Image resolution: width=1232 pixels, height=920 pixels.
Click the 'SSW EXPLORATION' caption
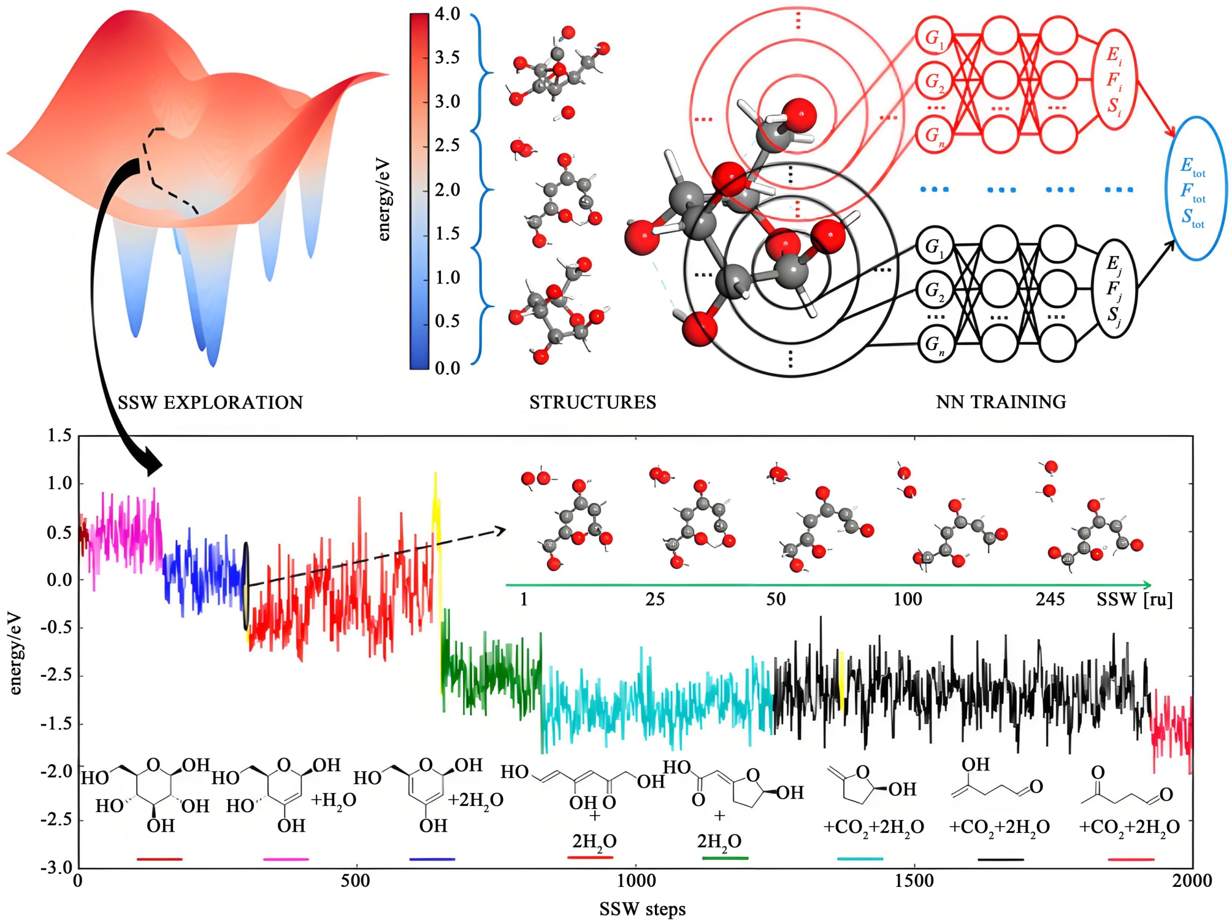pos(210,403)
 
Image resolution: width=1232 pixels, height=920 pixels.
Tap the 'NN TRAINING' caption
pos(1001,402)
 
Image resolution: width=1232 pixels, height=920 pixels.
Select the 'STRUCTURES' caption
pos(592,403)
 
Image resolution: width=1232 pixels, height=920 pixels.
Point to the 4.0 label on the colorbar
pos(447,14)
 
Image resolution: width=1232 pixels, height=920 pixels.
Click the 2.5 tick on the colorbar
pos(447,145)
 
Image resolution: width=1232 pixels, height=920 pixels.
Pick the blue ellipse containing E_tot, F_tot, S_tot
pos(1195,189)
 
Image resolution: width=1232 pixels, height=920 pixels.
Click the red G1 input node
pos(934,38)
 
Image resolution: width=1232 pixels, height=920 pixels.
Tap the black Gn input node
pos(934,344)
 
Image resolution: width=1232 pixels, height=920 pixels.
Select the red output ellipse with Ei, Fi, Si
pos(1114,80)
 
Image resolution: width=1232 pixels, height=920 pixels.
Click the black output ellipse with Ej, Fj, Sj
pos(1114,289)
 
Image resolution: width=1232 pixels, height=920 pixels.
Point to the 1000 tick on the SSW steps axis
pos(635,881)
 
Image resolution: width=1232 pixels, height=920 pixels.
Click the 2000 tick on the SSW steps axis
pos(1192,881)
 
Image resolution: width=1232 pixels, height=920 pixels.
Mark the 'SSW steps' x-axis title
pos(642,909)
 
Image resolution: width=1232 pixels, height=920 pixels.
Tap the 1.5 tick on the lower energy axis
pos(59,436)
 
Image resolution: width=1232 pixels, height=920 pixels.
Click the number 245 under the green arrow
pos(1050,599)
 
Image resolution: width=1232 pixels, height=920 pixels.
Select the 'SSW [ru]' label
pos(1134,599)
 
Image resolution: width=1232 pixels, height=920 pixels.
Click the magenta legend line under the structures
pos(286,859)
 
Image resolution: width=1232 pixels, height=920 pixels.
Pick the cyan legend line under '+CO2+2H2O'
pos(860,859)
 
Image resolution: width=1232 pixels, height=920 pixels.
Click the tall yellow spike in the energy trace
pos(436,509)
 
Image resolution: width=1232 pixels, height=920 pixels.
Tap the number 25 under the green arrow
pos(655,599)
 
